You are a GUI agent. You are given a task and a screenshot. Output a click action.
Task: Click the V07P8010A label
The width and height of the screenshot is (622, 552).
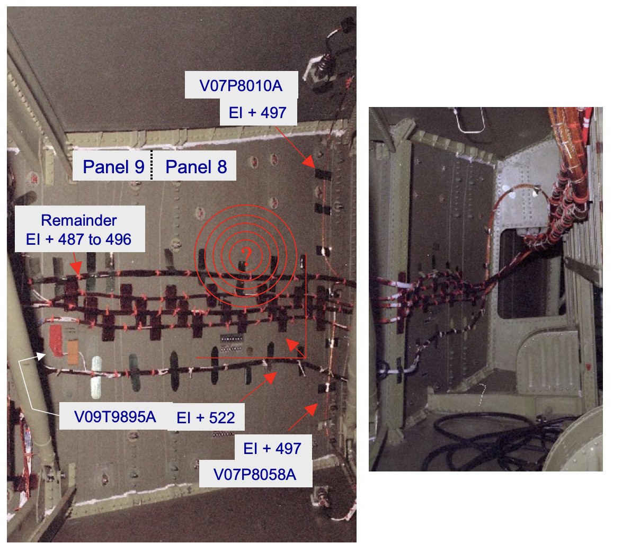(241, 86)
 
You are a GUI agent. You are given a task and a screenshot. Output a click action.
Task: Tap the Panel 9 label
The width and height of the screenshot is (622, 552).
(113, 166)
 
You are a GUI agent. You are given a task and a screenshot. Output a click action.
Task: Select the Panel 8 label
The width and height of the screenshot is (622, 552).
(196, 166)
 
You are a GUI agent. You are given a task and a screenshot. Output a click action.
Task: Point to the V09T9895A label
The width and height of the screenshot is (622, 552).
(115, 417)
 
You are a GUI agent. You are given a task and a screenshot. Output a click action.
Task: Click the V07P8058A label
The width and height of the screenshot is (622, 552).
(255, 474)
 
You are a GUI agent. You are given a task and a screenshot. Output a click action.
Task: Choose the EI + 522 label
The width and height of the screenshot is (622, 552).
(206, 417)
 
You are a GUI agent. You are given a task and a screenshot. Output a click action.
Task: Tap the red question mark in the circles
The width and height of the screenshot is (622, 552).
(246, 256)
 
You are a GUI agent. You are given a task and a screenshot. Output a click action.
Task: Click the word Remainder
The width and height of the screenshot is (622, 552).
(79, 220)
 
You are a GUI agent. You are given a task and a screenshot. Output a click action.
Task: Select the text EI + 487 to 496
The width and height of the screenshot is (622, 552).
(78, 239)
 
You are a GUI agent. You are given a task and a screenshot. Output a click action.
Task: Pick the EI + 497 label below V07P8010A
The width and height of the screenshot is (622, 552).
(257, 113)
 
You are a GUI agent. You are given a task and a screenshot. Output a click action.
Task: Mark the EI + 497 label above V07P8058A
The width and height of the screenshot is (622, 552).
(272, 449)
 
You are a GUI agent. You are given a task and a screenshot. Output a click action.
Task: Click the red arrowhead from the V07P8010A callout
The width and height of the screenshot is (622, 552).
(309, 162)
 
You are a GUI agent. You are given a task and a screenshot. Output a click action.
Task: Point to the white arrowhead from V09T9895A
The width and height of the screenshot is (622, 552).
(41, 355)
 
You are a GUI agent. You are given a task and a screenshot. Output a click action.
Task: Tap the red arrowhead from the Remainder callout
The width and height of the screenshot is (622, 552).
(77, 269)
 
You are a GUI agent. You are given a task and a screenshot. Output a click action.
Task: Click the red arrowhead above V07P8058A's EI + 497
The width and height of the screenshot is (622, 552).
(312, 409)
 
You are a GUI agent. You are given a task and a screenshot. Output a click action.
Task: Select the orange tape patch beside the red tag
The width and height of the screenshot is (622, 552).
(73, 352)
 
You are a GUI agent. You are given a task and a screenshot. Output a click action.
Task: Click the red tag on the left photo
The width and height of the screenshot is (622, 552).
(56, 341)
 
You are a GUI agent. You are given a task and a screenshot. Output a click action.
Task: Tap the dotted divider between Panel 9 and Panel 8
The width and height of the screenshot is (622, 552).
(152, 165)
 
